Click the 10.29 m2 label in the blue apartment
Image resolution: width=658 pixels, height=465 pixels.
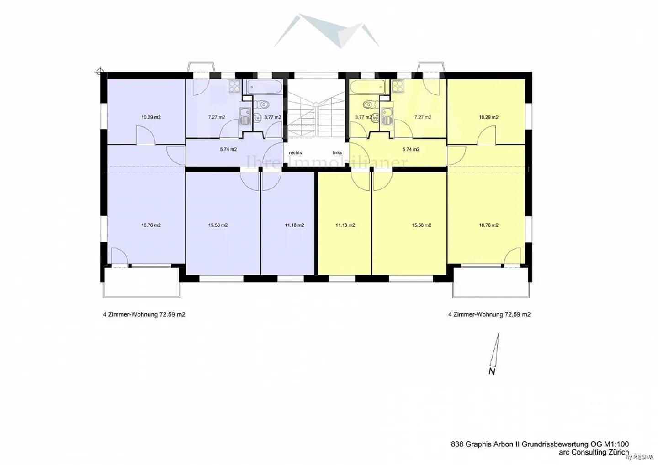tap(151, 117)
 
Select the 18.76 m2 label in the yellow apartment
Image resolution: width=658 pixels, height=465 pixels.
tap(488, 225)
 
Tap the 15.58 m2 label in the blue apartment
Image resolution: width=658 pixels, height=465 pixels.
tap(218, 225)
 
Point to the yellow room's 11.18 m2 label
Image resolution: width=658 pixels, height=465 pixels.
tap(345, 225)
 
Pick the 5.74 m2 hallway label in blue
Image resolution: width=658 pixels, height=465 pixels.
tap(228, 149)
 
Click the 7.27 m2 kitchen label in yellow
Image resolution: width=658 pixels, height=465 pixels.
tap(423, 117)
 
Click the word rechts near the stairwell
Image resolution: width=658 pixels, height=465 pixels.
tap(295, 153)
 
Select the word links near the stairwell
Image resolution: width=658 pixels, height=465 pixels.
tap(337, 153)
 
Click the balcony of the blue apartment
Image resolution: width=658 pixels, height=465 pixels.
tap(141, 282)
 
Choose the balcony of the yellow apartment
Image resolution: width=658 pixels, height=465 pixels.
tap(491, 282)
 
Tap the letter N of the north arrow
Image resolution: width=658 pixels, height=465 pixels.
tap(492, 371)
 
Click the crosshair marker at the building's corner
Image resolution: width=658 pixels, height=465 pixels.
tap(100, 72)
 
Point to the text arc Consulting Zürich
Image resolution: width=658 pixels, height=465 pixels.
tap(594, 452)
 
